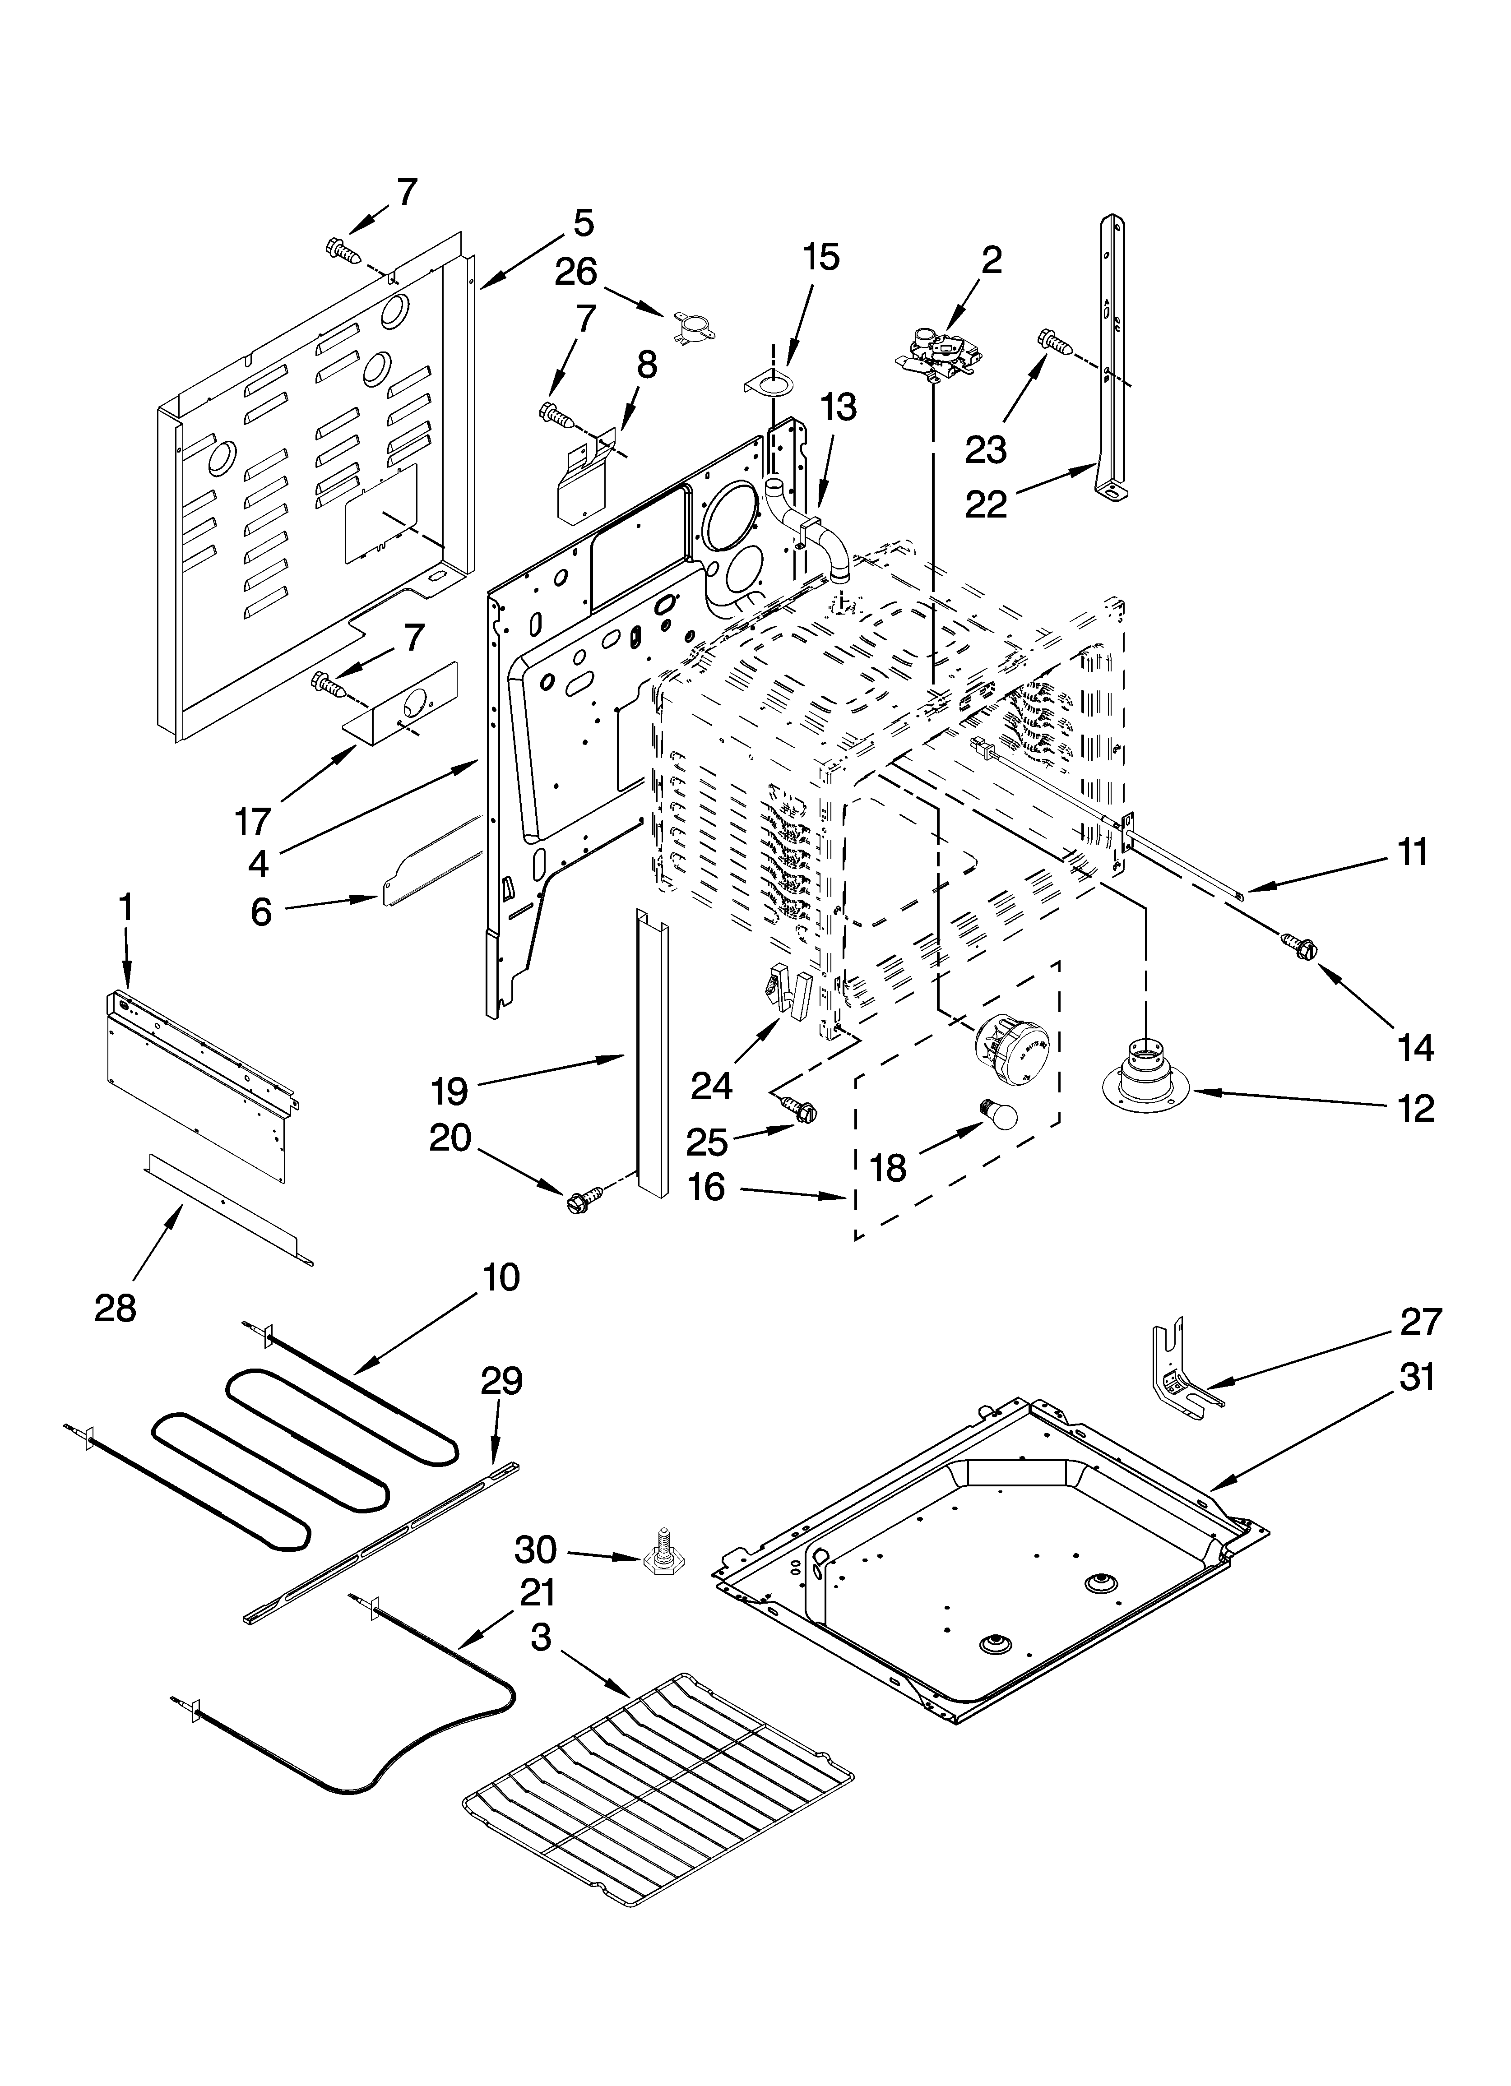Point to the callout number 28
115,1307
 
